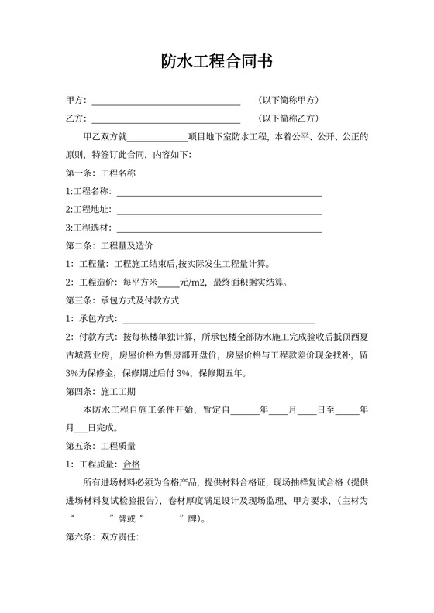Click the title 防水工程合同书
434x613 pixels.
tap(216, 62)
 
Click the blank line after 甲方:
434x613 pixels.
tap(166, 101)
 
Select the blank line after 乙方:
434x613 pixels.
tap(166, 118)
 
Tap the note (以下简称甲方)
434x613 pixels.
tap(289, 101)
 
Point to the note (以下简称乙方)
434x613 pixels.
tap(289, 118)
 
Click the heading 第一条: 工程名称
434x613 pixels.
tap(101, 173)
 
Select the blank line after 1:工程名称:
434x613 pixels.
tap(219, 191)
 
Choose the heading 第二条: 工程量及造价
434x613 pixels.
tap(109, 246)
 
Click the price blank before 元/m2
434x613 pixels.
tap(168, 283)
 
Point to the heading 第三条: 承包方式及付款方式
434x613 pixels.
tap(122, 300)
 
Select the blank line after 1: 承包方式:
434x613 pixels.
tap(219, 319)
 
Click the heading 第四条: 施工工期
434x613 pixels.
tap(101, 391)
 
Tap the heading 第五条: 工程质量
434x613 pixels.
tap(101, 446)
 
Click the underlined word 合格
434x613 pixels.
tap(132, 464)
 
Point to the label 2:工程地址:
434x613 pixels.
tap(88, 209)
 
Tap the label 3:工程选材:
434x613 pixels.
tap(88, 228)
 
